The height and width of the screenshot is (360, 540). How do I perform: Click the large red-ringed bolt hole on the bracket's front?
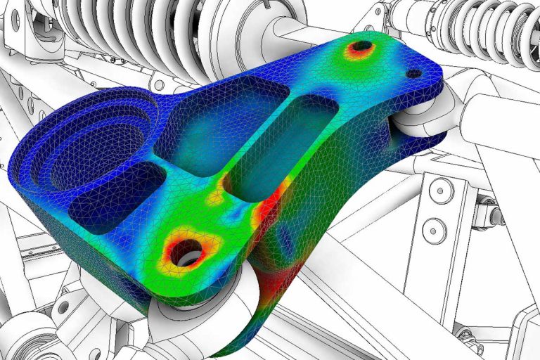[187, 250]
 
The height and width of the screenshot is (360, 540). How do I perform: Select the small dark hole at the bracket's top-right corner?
[414, 73]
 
